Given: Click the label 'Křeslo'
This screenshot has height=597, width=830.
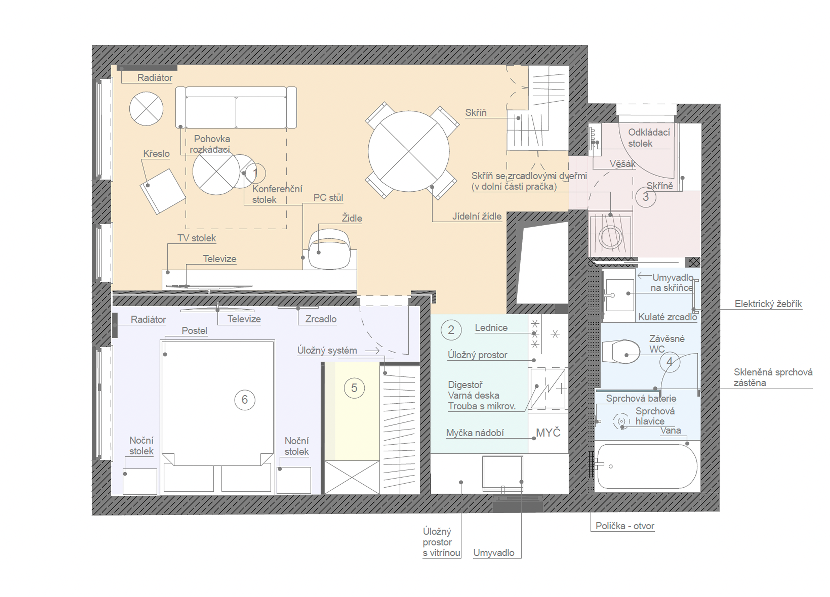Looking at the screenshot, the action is [156, 154].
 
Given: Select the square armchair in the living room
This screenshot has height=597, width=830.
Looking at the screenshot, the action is [163, 191].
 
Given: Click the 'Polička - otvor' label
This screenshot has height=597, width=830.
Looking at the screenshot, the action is [625, 526].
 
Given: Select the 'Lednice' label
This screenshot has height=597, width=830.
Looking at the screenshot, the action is [491, 328].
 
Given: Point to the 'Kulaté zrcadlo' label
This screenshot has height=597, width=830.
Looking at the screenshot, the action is [667, 317].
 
